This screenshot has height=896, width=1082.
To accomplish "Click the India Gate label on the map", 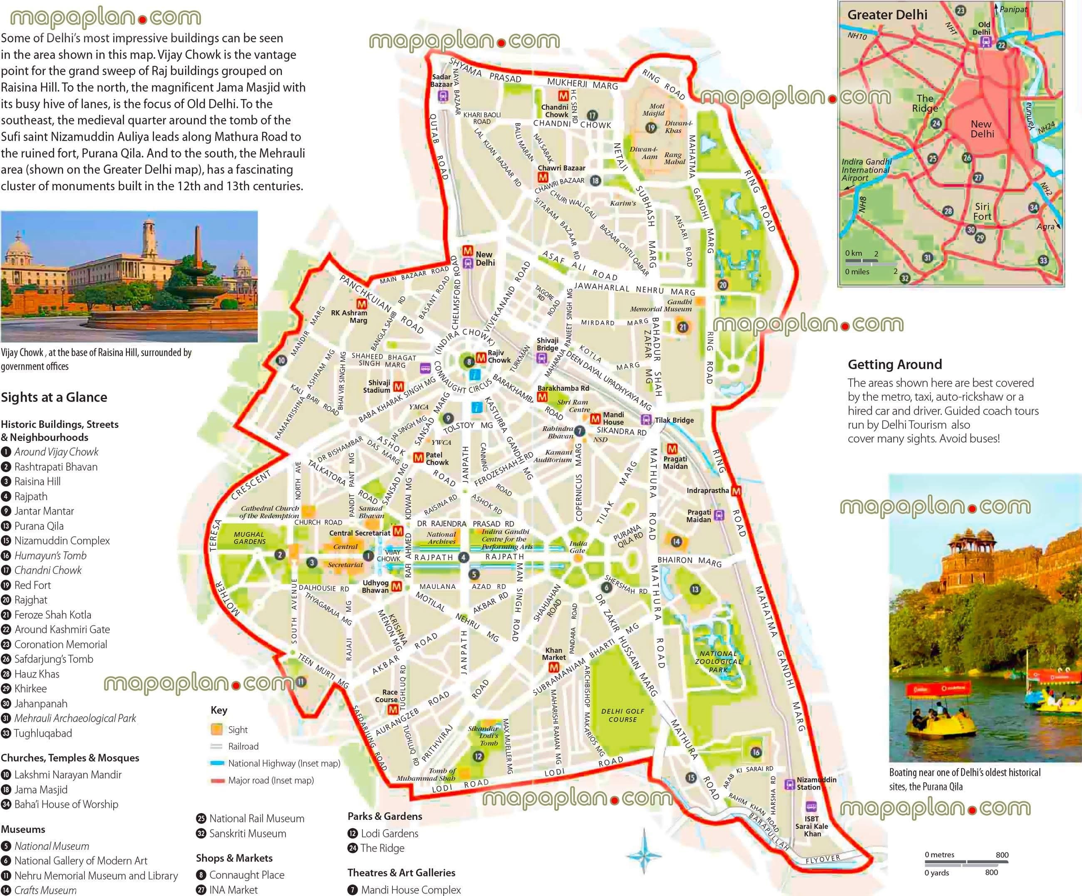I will click(578, 547).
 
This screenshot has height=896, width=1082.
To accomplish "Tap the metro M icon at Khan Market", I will click(553, 667).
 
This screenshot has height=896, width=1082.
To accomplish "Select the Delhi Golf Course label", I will click(623, 715).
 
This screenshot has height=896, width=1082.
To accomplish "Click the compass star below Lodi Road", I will click(644, 855).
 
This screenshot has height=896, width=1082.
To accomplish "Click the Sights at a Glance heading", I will click(54, 397).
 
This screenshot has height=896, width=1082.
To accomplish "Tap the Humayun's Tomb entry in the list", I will click(50, 556).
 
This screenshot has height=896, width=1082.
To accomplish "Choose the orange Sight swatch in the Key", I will click(217, 729).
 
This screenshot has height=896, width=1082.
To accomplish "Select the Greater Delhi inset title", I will click(887, 15).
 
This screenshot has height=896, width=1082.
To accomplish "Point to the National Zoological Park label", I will click(718, 661).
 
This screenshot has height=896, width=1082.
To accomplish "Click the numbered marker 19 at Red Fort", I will click(651, 128).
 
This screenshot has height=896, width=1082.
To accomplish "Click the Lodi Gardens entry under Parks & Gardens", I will click(389, 833).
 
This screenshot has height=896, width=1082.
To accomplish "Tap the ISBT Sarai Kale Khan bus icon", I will click(811, 807).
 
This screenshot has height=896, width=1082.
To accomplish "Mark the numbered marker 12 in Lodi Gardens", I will click(479, 756).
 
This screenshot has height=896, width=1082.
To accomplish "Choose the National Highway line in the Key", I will click(217, 763).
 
